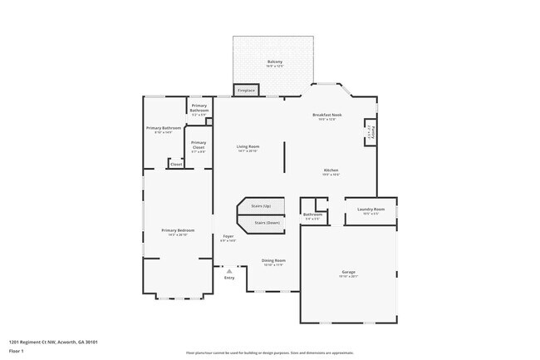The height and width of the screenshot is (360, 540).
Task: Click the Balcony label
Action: coord(275,62)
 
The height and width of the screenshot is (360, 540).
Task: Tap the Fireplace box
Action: coord(247,90)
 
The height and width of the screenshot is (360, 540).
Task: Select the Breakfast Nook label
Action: coord(327,116)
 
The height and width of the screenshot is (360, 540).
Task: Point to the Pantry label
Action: coord(369,132)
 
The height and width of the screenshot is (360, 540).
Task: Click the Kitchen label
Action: coord(331,171)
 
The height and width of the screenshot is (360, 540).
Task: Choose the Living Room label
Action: coord(248,147)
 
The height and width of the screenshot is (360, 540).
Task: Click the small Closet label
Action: coord(176,164)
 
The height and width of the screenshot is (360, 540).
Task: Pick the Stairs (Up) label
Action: coord(261,205)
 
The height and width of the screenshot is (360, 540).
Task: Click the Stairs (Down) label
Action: coord(267,223)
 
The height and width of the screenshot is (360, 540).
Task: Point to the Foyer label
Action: coord(228,237)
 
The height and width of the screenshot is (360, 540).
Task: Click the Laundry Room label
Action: coord(371,210)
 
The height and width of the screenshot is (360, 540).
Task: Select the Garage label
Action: coord(349,274)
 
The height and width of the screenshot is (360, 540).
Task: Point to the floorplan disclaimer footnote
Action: coord(270,353)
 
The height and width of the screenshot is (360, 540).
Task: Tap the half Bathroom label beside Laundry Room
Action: coord(312,215)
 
